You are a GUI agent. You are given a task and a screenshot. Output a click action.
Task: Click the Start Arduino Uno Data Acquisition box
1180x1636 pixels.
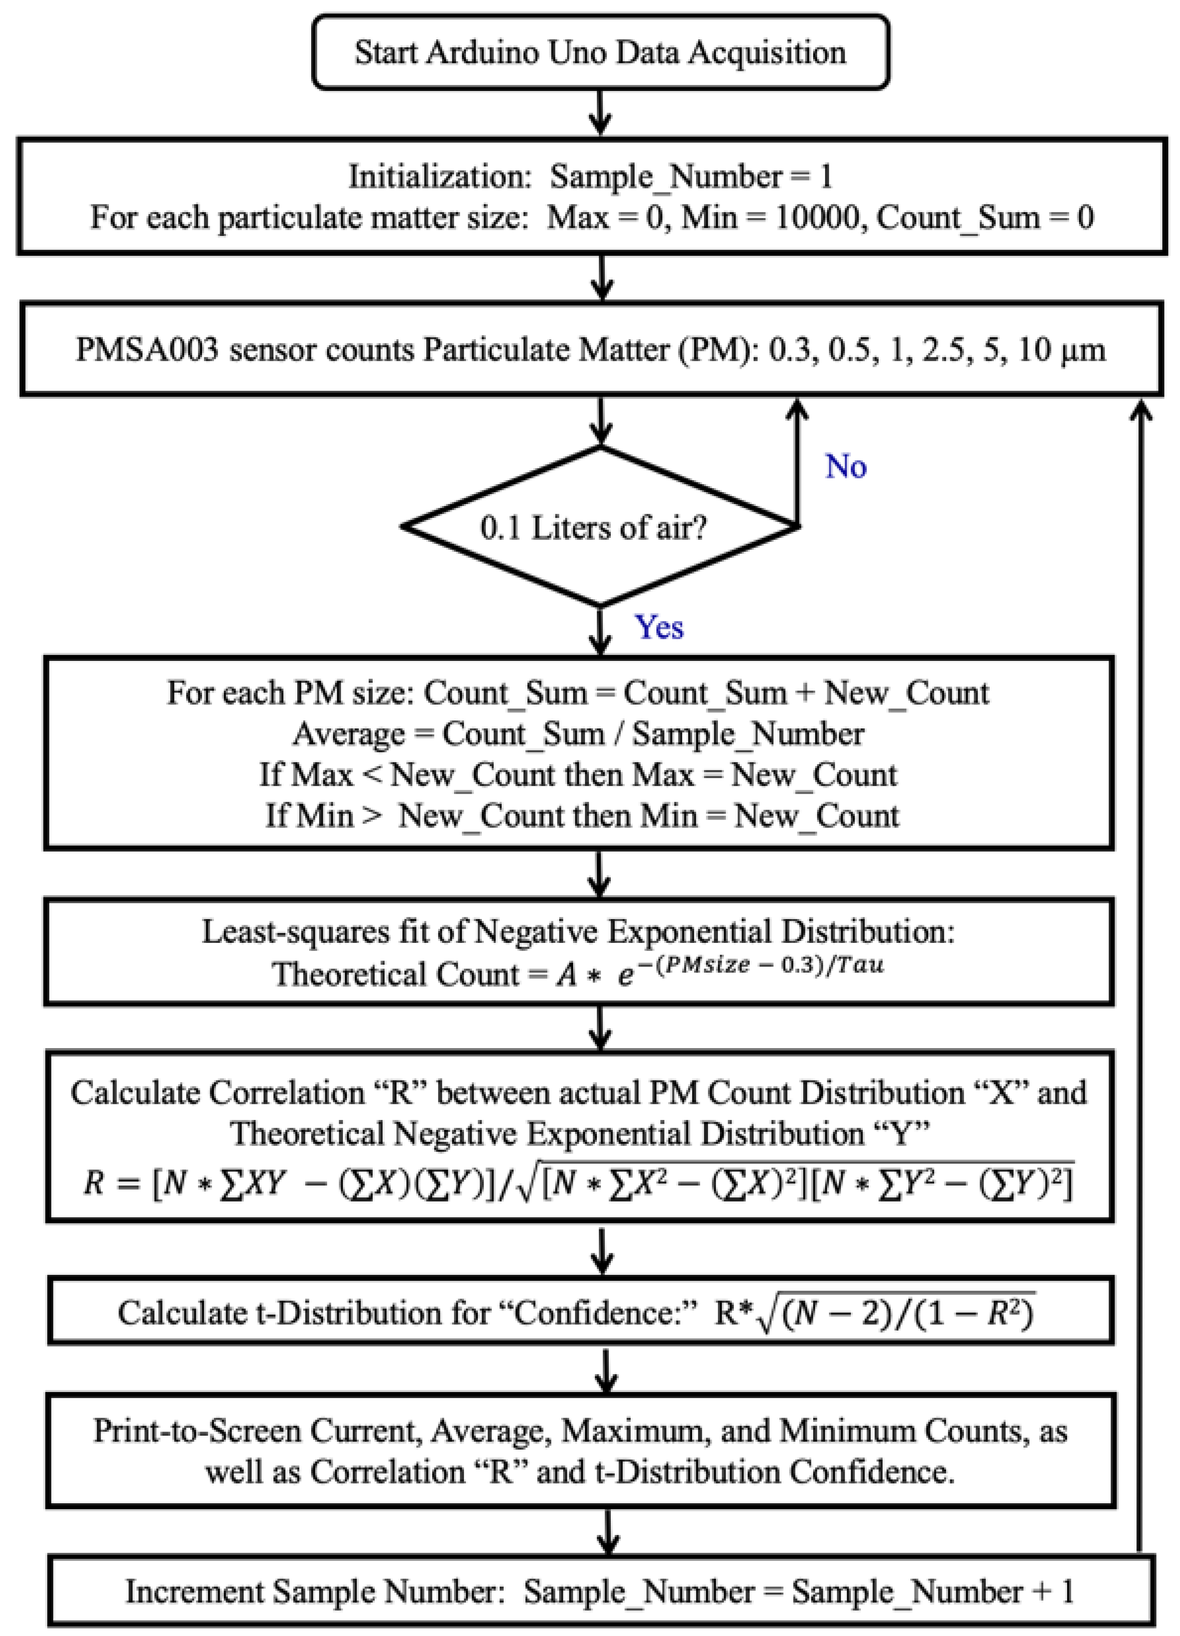click(600, 53)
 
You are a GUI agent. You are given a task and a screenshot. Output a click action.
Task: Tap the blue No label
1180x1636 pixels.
click(845, 467)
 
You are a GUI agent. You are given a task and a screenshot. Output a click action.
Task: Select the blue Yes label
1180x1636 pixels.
click(658, 627)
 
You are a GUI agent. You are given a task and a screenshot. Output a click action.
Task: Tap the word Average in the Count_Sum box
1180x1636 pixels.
click(348, 734)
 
